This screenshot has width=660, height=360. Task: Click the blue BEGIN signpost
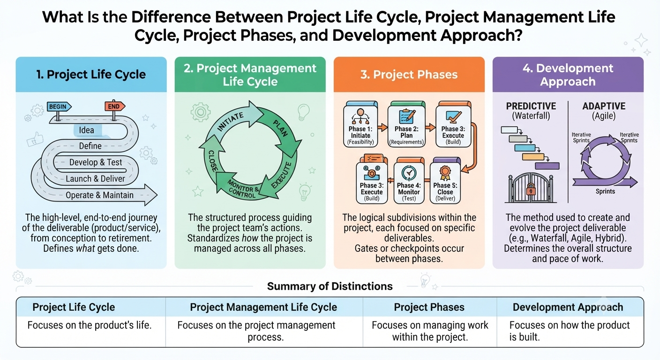[x=59, y=107]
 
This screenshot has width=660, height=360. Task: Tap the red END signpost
[x=115, y=106]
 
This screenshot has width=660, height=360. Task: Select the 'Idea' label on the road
[x=86, y=130]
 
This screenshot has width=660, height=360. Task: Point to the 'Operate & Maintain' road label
[x=99, y=195]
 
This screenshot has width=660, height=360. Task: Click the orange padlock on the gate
[x=531, y=189]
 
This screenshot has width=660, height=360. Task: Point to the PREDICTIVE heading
[x=531, y=106]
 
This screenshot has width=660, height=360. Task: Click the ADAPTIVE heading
[x=604, y=106]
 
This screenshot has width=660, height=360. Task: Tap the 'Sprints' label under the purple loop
[x=605, y=191]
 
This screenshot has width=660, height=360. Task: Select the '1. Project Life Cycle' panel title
[x=91, y=74]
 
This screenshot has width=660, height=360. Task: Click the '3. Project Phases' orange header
[x=409, y=75]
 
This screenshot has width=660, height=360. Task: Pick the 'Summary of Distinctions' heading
[x=330, y=286]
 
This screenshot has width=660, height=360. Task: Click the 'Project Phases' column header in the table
[x=429, y=307]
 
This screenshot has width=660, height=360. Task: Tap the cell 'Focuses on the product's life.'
[x=90, y=325]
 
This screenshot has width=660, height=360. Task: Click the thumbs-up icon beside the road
[x=35, y=139]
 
